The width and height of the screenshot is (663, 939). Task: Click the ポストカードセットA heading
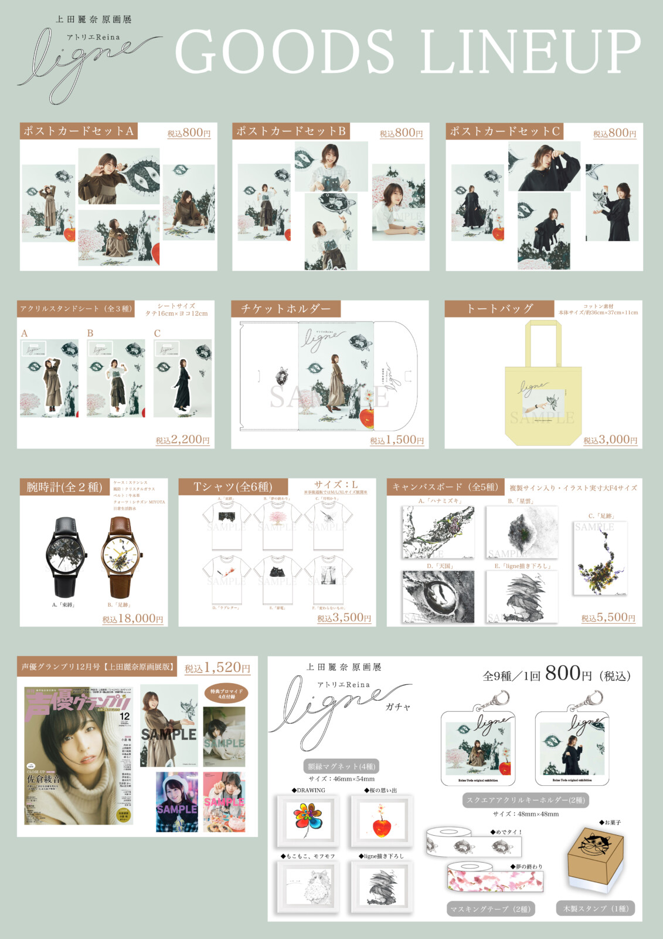click(x=79, y=131)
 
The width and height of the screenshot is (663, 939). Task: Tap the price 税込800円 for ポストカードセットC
click(x=614, y=133)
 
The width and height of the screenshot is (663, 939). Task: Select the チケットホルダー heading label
click(x=285, y=309)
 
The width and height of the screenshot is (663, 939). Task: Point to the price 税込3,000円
click(x=610, y=440)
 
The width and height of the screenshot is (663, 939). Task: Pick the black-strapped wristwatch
click(x=66, y=556)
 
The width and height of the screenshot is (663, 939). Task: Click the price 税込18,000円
click(x=132, y=619)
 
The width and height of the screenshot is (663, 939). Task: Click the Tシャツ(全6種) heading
click(x=233, y=487)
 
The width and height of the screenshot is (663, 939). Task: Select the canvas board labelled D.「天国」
click(x=438, y=596)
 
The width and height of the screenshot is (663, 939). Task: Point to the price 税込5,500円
click(x=608, y=617)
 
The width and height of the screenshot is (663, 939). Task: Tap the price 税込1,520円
click(x=217, y=668)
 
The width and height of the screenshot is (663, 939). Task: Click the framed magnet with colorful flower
click(x=308, y=820)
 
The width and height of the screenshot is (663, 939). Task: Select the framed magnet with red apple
click(x=382, y=820)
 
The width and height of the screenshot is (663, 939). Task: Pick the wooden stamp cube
click(x=594, y=859)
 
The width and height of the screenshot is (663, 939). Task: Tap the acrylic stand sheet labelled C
click(x=182, y=378)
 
